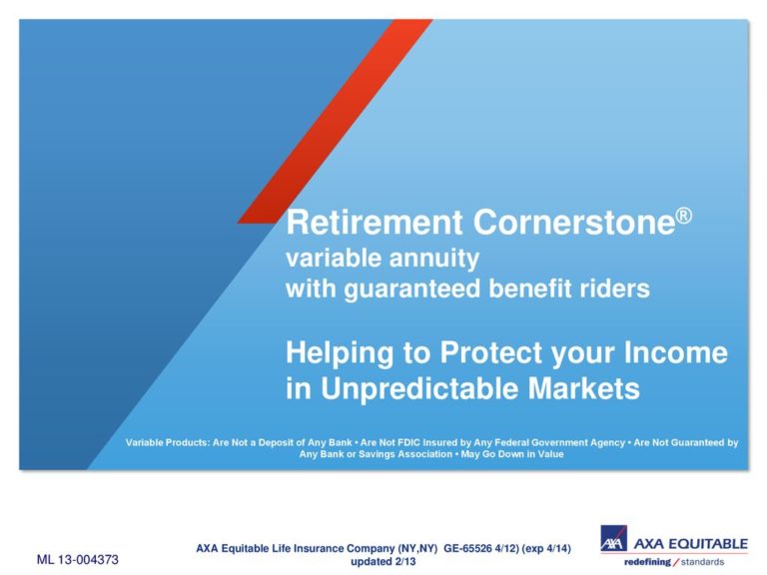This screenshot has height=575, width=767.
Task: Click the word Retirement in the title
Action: (x=375, y=222)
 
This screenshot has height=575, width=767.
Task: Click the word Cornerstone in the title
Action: (x=574, y=222)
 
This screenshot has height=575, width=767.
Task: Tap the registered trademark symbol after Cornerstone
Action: (x=684, y=216)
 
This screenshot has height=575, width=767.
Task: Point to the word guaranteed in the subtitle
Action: (x=411, y=288)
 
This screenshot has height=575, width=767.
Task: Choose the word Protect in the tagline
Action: (x=491, y=352)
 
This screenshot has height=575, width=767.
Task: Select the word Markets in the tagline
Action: (x=583, y=388)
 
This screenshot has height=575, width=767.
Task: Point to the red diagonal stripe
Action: (x=336, y=121)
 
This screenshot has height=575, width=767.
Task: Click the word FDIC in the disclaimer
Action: (x=408, y=442)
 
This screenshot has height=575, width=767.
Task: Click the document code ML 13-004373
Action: (x=78, y=559)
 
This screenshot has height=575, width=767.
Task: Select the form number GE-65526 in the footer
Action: (x=467, y=549)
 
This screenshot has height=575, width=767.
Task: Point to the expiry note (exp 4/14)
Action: (x=546, y=549)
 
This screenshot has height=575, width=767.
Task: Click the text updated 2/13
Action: (x=383, y=561)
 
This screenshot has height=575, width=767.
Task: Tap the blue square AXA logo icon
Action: (x=613, y=538)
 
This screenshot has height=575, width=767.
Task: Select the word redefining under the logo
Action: (x=647, y=562)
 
